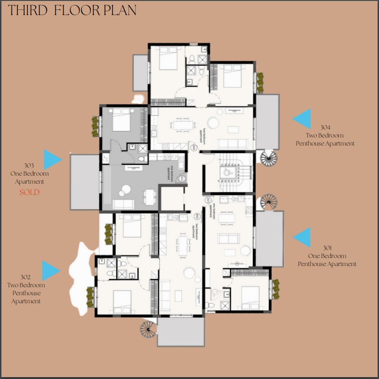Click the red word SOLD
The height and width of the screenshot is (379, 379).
[29, 192]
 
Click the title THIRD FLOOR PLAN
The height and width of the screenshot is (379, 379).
[73, 10]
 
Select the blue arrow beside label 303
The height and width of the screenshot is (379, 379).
[52, 160]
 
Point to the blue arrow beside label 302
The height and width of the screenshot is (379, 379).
[50, 271]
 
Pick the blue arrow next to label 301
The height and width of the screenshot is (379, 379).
[303, 237]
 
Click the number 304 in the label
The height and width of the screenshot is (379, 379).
[325, 128]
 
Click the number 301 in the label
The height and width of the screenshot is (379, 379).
[327, 248]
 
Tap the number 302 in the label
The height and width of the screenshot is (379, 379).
[26, 277]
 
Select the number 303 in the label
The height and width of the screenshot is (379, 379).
[29, 166]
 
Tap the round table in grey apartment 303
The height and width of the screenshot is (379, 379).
[125, 189]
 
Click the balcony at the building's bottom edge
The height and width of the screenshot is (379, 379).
[181, 332]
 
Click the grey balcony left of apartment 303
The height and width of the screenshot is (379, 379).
[85, 182]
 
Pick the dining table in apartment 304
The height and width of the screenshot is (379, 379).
[182, 125]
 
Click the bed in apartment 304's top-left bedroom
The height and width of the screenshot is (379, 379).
[167, 59]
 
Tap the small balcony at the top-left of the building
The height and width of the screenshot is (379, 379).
[140, 73]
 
